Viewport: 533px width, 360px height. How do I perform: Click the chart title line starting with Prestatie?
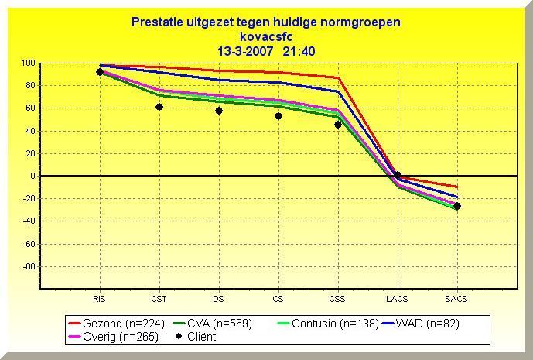coord(266,22)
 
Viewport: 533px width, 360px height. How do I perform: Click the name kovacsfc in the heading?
coord(266,36)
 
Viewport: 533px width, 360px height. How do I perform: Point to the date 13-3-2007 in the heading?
coord(243,51)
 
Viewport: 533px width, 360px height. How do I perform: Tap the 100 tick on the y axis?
coord(28,63)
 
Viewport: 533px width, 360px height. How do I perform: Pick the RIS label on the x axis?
coord(99,299)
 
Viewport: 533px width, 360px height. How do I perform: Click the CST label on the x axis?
coord(159,299)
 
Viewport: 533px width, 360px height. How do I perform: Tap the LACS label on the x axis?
coord(398,299)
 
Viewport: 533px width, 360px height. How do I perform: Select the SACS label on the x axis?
coord(456,299)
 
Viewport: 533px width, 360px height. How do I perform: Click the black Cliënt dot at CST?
coord(159,107)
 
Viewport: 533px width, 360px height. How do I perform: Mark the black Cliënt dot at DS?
coord(219,111)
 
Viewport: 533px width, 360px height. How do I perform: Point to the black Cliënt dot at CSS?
coord(338,125)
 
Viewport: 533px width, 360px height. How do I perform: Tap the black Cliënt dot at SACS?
coord(457,206)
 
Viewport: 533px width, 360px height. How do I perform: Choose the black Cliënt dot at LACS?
coord(398,175)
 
